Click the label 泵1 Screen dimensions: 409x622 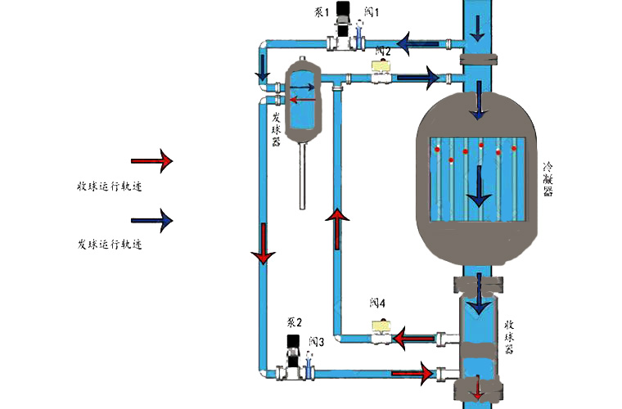click(x=321, y=14)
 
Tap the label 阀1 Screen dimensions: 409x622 click(x=371, y=14)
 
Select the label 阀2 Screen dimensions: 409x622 click(x=382, y=52)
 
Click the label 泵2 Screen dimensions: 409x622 click(x=295, y=322)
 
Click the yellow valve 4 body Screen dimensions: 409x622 click(x=381, y=329)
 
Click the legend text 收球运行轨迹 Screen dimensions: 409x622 click(x=104, y=187)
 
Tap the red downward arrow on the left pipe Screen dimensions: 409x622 click(x=262, y=243)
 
